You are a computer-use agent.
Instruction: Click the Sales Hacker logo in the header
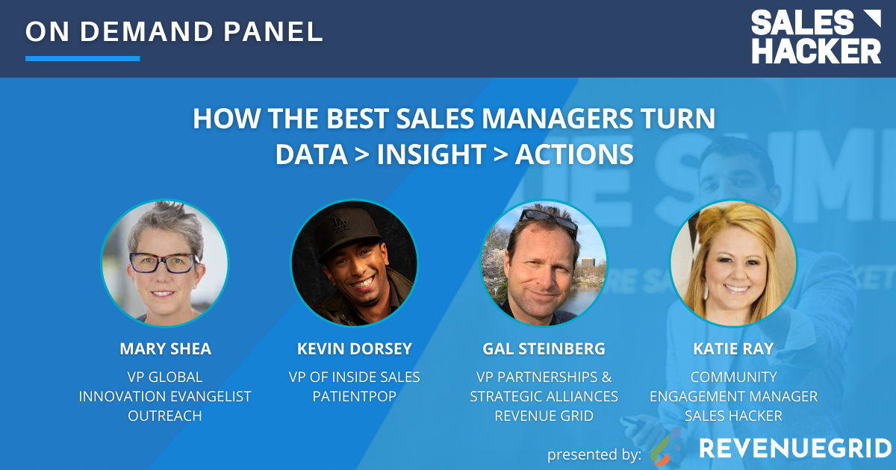point(815,37)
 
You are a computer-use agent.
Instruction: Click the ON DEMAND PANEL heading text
point(174,31)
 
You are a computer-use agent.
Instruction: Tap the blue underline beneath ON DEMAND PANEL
point(82,58)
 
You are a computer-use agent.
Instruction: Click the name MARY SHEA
point(164,349)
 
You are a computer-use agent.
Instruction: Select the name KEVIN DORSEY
point(354,349)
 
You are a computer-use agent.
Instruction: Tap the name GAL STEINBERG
point(544,349)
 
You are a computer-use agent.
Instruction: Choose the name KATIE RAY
point(733,349)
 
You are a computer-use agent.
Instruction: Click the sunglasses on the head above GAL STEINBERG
point(549,219)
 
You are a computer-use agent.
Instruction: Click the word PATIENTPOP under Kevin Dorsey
point(354,396)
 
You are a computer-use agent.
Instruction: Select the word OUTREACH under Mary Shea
point(164,416)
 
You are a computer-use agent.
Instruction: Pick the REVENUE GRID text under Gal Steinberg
point(544,416)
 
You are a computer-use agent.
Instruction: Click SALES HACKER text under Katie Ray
point(733,416)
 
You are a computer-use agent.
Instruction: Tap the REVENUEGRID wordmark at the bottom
point(794,448)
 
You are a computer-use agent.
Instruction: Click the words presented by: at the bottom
point(594,454)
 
